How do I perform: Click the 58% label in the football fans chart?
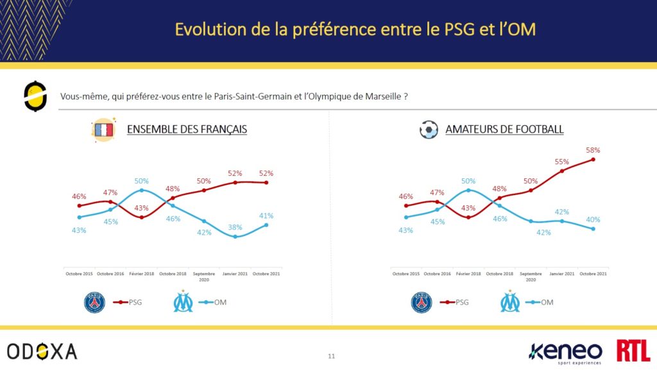tap(593, 150)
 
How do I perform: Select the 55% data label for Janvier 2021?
tap(561, 162)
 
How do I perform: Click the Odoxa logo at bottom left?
tap(42, 351)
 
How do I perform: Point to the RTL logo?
tap(633, 351)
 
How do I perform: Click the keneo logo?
tap(565, 351)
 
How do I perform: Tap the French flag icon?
tap(103, 129)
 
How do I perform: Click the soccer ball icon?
tap(428, 130)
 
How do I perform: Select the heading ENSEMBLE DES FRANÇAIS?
tap(187, 130)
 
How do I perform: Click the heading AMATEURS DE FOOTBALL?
tap(504, 130)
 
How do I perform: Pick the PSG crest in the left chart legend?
tap(94, 301)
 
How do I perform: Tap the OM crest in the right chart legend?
tap(510, 301)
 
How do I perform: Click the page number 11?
tap(331, 356)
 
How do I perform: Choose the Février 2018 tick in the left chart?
tap(141, 274)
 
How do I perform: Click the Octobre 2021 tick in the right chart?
tap(593, 274)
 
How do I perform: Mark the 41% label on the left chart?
tap(266, 215)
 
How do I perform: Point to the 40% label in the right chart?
tap(593, 219)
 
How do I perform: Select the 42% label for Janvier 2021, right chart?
tap(561, 212)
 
